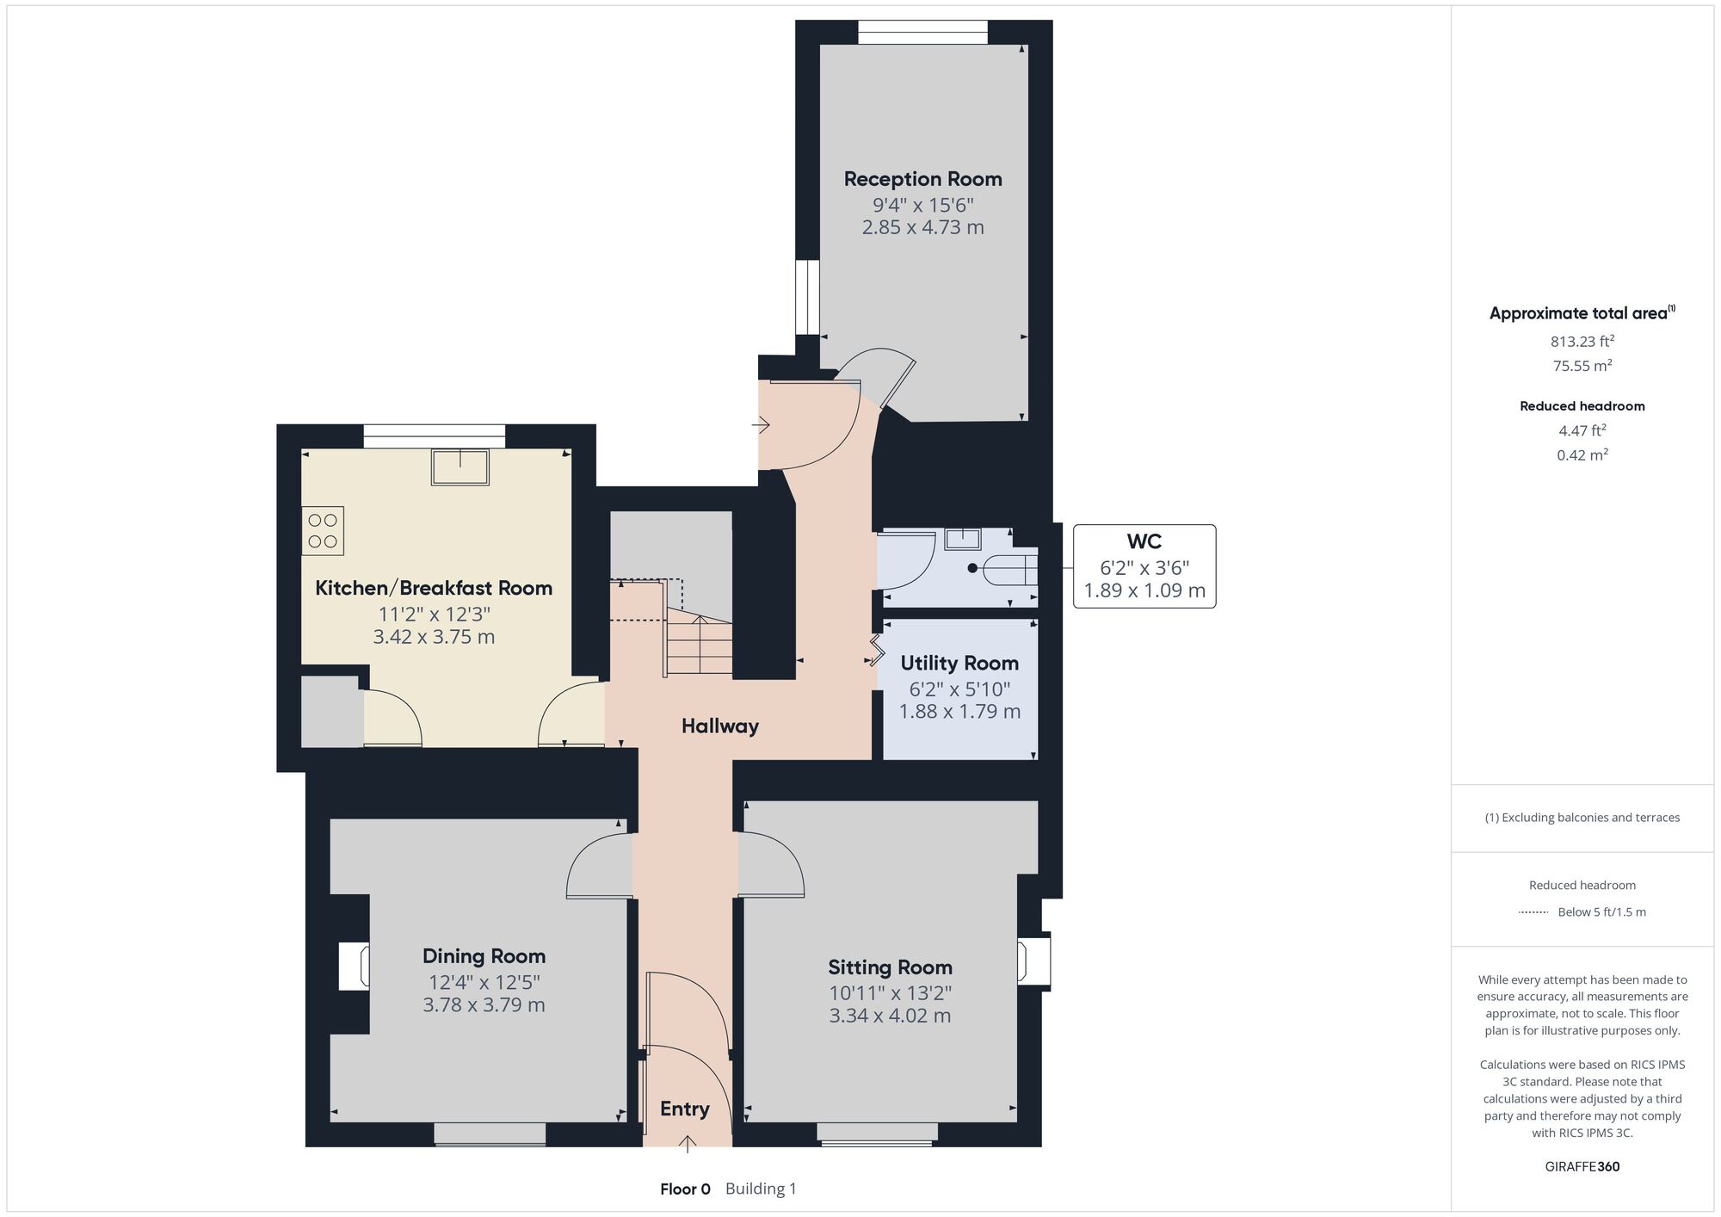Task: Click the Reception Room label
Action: coord(922,179)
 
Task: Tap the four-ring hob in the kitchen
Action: coord(323,530)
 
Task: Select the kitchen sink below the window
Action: coord(460,466)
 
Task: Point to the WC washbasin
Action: coord(963,539)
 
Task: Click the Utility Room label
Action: coord(959,664)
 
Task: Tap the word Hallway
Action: coord(720,726)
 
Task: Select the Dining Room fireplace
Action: coord(354,967)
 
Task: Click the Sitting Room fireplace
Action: coord(1033,961)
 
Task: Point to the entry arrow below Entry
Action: coord(688,1143)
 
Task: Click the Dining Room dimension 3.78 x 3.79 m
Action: coord(484,1005)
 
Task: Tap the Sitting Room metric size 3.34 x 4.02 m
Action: coord(890,1016)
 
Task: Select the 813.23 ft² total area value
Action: coord(1582,341)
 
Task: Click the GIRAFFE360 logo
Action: coord(1582,1167)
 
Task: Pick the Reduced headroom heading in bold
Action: coord(1582,406)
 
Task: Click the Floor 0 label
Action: coord(685,1189)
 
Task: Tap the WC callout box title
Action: coord(1144,541)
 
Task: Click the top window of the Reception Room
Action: coord(922,33)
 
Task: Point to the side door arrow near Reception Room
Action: coord(761,425)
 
